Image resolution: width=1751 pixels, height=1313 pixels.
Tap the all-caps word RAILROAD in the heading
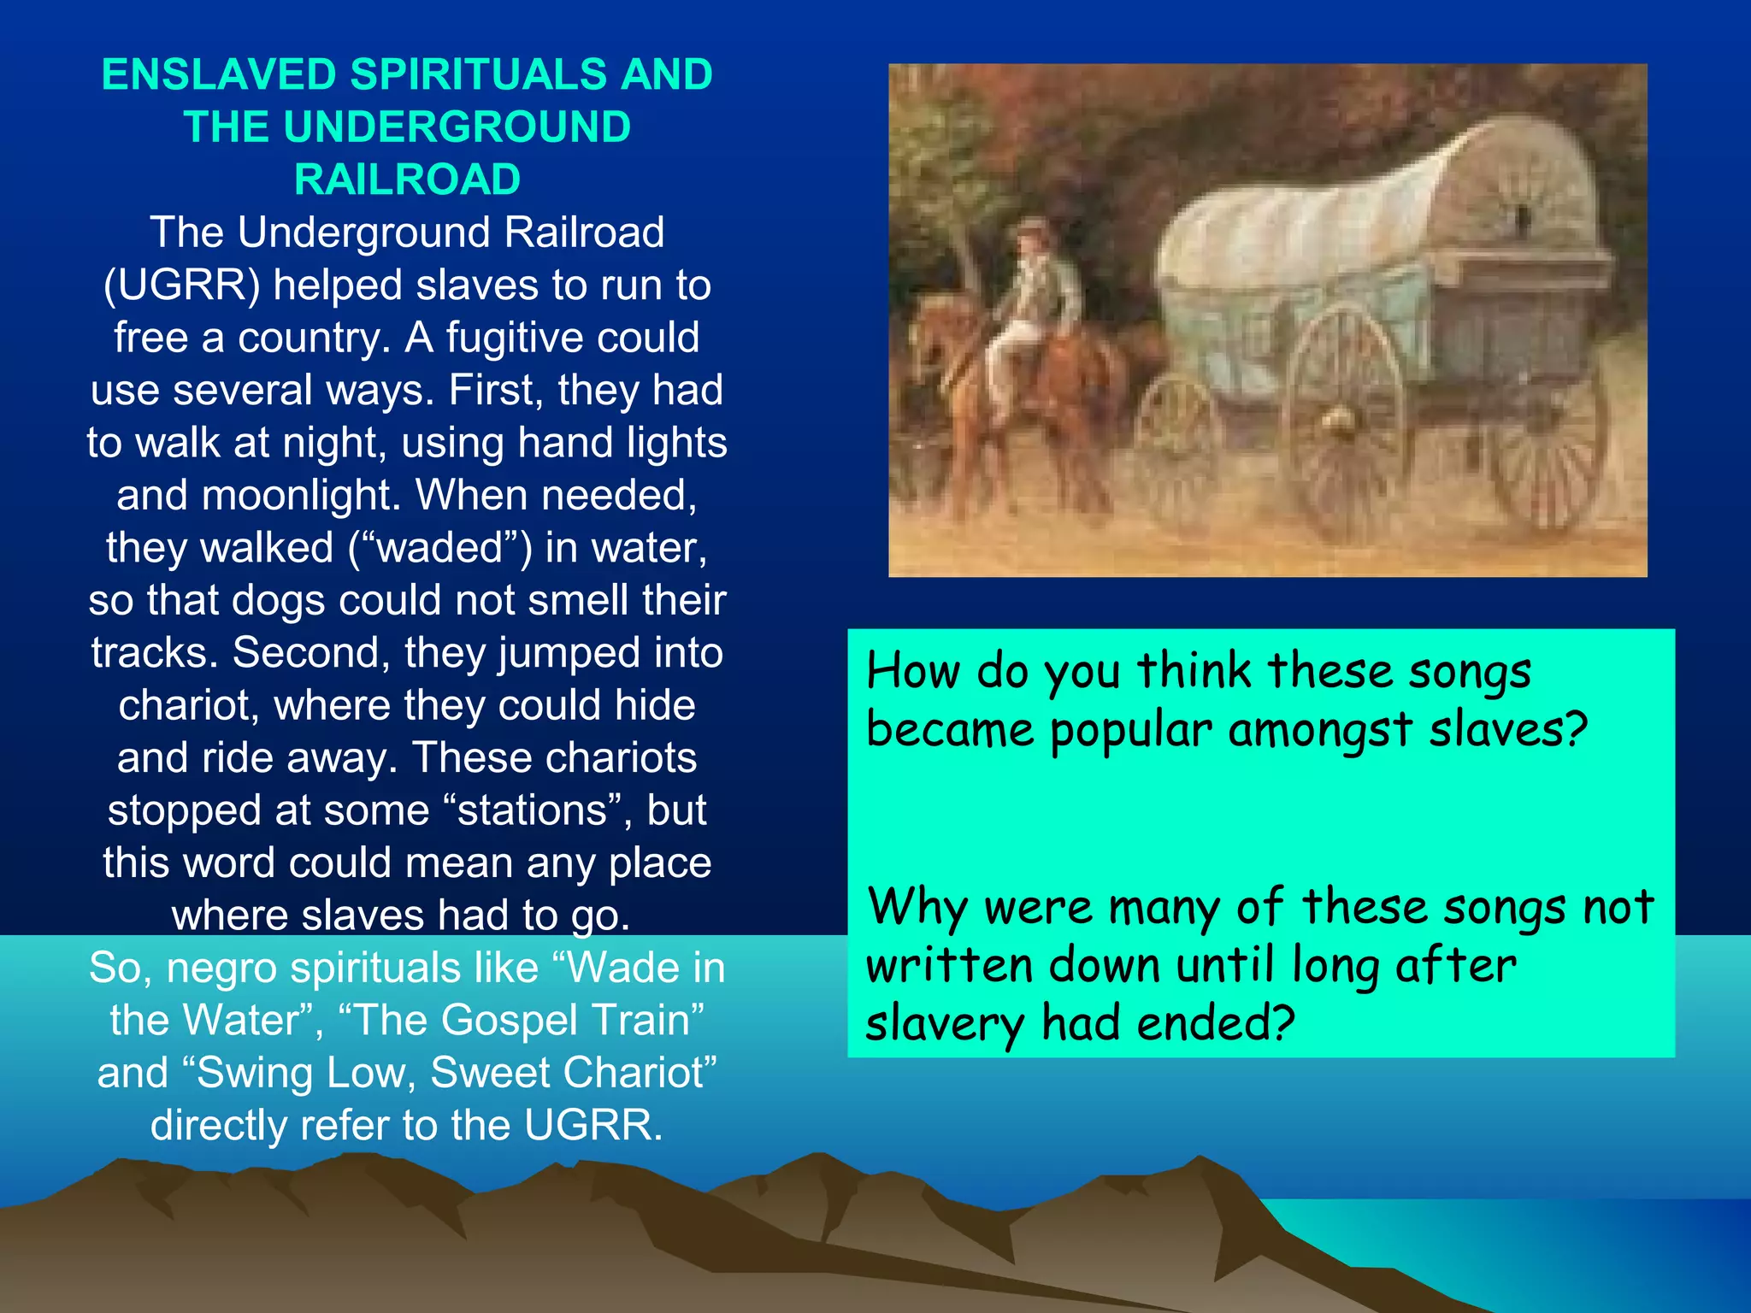407,180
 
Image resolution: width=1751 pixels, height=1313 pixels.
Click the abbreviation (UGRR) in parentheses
181,286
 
